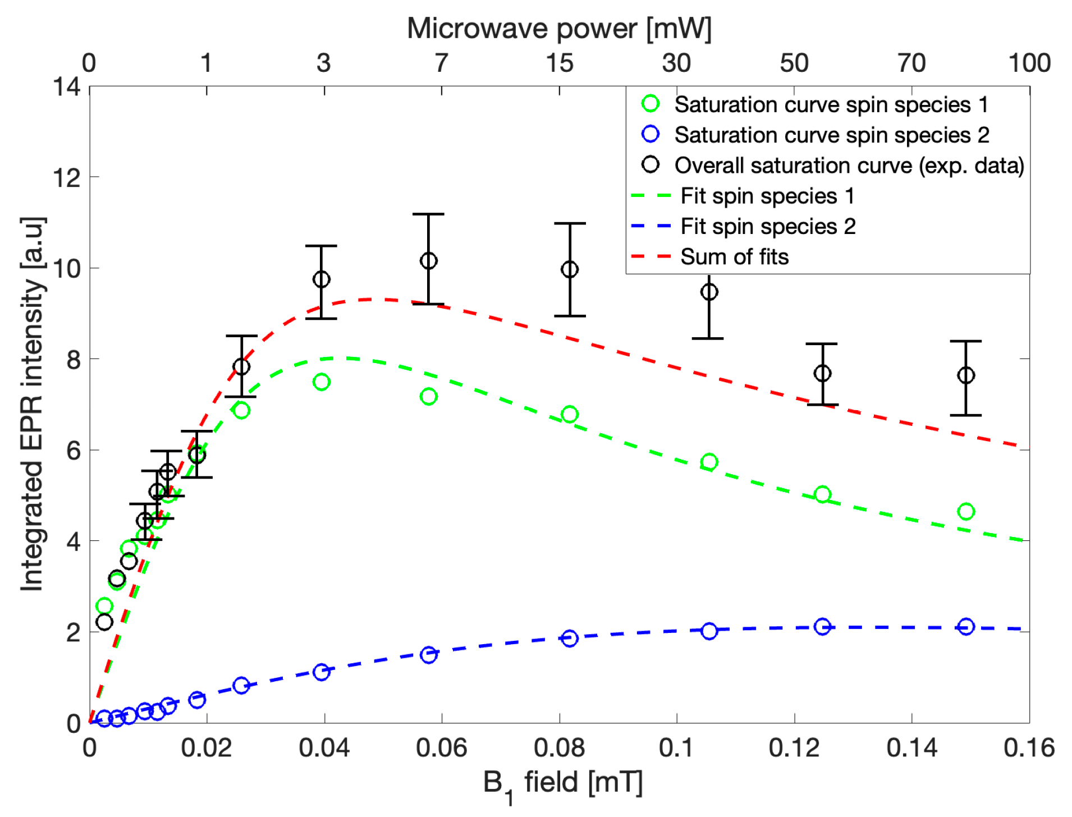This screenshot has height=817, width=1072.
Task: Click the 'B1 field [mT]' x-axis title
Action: click(562, 782)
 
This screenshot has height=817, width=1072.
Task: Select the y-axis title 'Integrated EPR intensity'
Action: click(32, 404)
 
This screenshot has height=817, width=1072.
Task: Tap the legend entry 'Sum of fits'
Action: click(734, 257)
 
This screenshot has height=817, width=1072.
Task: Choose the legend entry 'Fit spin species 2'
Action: click(768, 227)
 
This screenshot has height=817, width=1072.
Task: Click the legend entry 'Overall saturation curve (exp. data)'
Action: click(849, 166)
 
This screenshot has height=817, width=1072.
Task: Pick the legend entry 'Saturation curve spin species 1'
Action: click(831, 105)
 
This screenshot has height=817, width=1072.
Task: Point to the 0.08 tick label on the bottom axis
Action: click(559, 748)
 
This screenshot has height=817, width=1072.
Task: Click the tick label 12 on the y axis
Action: click(67, 178)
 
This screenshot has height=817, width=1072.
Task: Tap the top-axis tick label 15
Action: click(560, 63)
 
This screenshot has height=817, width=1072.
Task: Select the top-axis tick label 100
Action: click(1029, 63)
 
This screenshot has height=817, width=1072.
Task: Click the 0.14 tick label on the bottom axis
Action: click(911, 748)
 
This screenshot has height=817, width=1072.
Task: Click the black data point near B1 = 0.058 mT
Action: click(428, 261)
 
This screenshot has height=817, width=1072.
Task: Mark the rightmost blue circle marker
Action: click(966, 627)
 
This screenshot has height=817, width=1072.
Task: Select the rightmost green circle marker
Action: click(966, 512)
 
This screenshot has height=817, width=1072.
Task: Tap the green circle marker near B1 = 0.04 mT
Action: click(321, 382)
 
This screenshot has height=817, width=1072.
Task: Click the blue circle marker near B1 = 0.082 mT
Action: click(570, 639)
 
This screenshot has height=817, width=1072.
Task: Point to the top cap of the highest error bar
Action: click(428, 214)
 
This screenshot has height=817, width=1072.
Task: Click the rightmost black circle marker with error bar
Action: click(966, 375)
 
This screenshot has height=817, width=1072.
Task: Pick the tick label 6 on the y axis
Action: click(74, 451)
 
